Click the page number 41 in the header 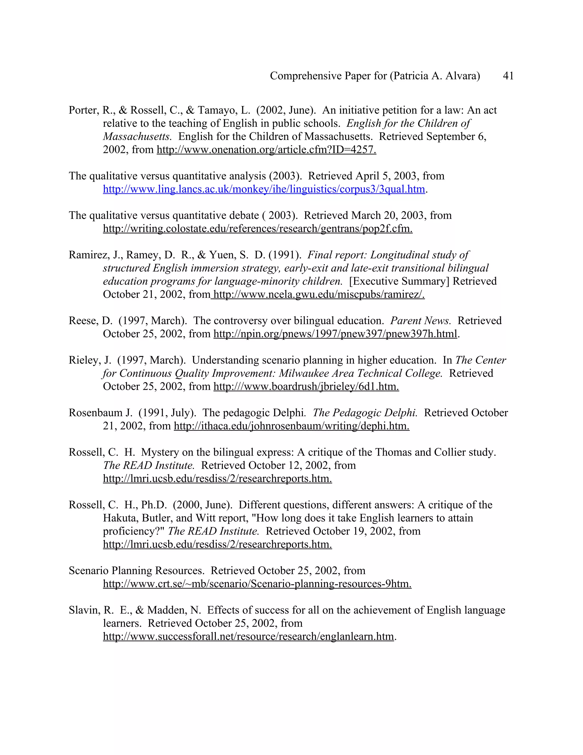tap(508, 76)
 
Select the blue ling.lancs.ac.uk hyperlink tap(264, 189)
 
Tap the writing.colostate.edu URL tap(258, 228)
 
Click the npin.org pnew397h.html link tap(335, 334)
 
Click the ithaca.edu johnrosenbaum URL tap(291, 426)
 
